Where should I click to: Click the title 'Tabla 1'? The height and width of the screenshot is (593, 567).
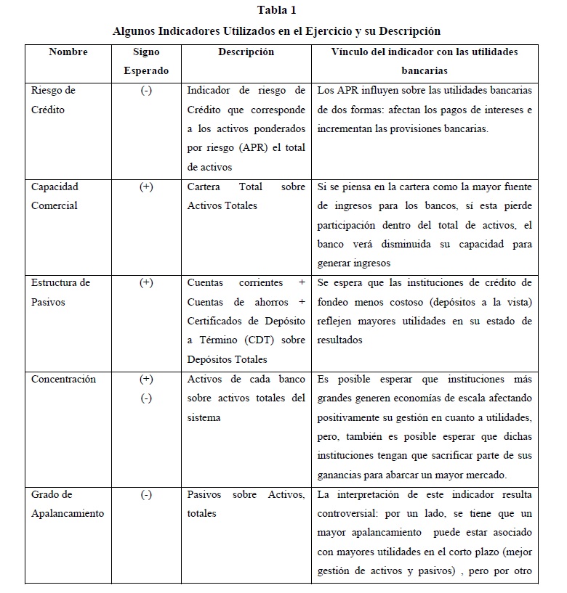coord(277,10)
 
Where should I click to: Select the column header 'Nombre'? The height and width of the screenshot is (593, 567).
coord(68,52)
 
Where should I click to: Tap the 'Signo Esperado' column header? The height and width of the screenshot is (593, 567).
coord(146,62)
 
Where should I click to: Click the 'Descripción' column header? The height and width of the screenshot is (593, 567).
coord(246,52)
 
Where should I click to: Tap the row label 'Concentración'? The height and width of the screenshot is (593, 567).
coord(63,379)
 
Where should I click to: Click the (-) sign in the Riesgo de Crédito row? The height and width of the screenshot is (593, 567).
coord(146,91)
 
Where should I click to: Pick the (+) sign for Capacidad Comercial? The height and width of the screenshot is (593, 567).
coord(146,187)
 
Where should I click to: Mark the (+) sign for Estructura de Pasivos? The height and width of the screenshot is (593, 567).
coord(146,282)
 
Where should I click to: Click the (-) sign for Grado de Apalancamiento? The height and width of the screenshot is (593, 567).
coord(146,494)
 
